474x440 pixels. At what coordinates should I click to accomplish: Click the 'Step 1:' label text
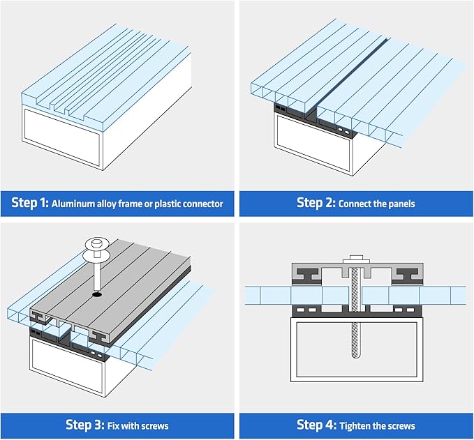(x=29, y=203)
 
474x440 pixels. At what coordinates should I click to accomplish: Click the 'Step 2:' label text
(x=316, y=203)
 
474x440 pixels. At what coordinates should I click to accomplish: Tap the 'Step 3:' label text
(x=84, y=425)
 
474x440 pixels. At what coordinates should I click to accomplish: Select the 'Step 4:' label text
(x=316, y=425)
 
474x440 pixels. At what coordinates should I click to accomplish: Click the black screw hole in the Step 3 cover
(x=96, y=295)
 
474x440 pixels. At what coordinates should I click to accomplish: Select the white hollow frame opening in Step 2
(x=314, y=143)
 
